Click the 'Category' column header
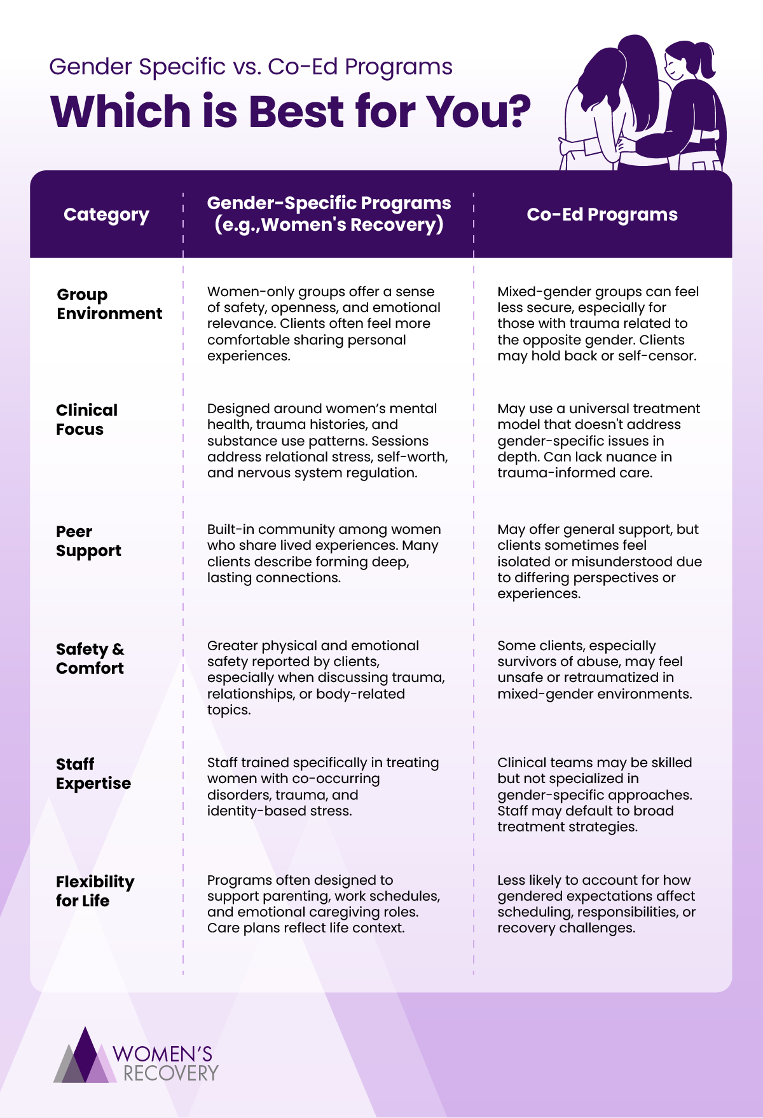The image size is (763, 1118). click(106, 215)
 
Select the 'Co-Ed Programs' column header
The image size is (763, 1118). click(602, 215)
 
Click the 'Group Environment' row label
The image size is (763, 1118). click(109, 304)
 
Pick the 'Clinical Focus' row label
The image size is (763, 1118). click(86, 419)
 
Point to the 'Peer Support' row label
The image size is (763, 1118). click(88, 541)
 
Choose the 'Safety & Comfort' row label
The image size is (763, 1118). click(90, 658)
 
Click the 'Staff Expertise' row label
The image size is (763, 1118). click(93, 774)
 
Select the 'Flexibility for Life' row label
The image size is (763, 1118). click(95, 891)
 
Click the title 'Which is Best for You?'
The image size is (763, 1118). click(290, 112)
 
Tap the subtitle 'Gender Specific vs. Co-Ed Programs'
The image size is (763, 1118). click(251, 67)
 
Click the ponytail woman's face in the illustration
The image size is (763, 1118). click(676, 64)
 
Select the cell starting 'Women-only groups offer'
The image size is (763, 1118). click(324, 324)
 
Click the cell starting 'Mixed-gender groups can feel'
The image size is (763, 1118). click(598, 324)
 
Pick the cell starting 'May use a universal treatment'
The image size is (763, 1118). click(598, 440)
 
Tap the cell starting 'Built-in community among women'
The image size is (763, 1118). click(324, 554)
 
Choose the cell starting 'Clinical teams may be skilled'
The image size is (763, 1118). click(595, 794)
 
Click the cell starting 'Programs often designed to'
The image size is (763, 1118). click(324, 904)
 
